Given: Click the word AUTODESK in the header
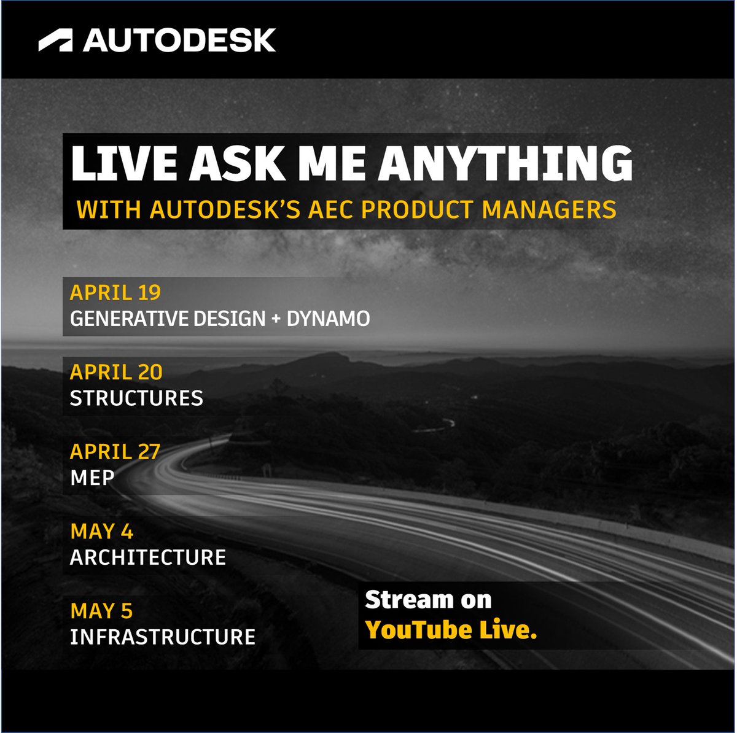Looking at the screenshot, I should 179,41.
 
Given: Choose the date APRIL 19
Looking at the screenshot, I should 115,292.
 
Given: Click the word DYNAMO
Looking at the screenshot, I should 328,319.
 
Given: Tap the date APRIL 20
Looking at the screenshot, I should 116,372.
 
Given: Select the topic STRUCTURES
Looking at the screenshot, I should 136,398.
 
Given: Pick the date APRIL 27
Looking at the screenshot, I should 115,452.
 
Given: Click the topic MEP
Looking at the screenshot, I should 92,478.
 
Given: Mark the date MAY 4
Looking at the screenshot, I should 102,531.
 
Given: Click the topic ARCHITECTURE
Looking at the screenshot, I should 148,557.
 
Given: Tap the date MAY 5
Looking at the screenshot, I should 102,611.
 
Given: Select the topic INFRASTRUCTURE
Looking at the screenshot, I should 163,637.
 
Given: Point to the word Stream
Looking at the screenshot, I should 402,600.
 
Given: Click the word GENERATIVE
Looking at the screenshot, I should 133,319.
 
